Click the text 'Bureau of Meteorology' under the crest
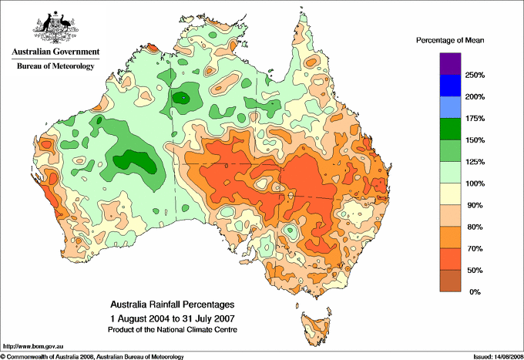coord(55,66)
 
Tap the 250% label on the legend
coord(475,76)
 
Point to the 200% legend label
coord(475,97)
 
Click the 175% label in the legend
coord(475,119)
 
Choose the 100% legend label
coord(475,184)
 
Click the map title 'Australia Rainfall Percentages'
coord(171,304)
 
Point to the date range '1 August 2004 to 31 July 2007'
coord(171,318)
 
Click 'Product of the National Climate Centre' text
coord(171,329)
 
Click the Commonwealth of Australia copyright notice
coord(92,356)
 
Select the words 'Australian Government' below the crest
coord(55,52)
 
